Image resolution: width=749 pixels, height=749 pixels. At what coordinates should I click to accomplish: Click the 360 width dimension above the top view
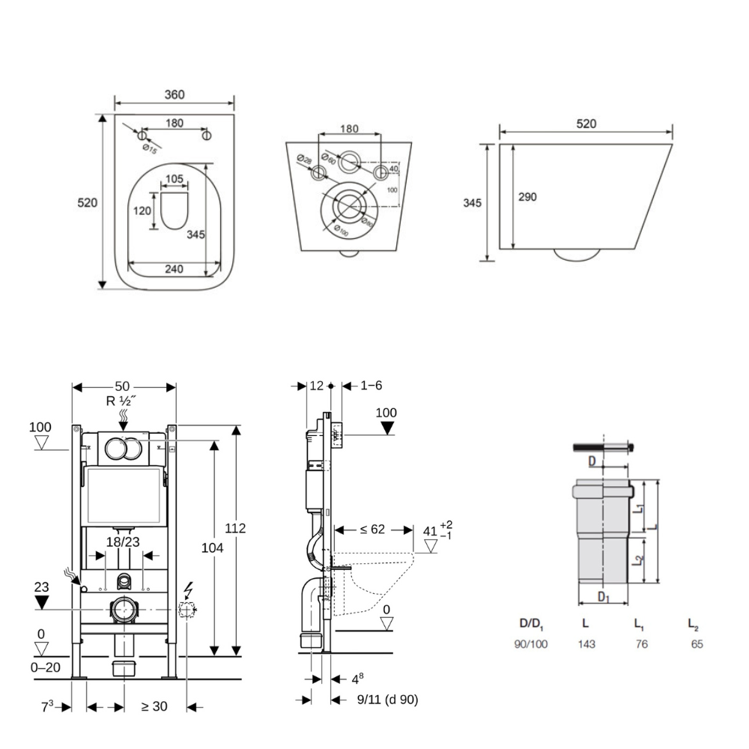174,94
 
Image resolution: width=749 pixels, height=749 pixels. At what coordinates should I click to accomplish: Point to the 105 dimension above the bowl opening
174,179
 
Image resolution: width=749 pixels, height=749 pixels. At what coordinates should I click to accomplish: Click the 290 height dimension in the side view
527,196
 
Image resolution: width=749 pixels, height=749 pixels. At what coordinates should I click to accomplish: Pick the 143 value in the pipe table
586,644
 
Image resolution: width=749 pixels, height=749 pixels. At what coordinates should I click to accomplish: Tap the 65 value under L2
697,644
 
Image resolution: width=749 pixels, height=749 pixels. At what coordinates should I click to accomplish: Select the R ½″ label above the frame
121,401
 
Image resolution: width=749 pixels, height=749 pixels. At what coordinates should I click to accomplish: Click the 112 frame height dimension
236,529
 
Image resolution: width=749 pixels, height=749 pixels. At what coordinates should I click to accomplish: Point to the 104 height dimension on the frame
213,548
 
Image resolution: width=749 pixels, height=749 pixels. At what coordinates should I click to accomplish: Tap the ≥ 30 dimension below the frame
154,706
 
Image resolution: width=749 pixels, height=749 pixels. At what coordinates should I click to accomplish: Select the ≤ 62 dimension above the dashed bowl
372,530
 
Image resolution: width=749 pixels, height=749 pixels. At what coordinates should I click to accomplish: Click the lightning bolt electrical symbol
188,590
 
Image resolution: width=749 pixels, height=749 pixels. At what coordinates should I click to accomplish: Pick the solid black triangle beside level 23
42,602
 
